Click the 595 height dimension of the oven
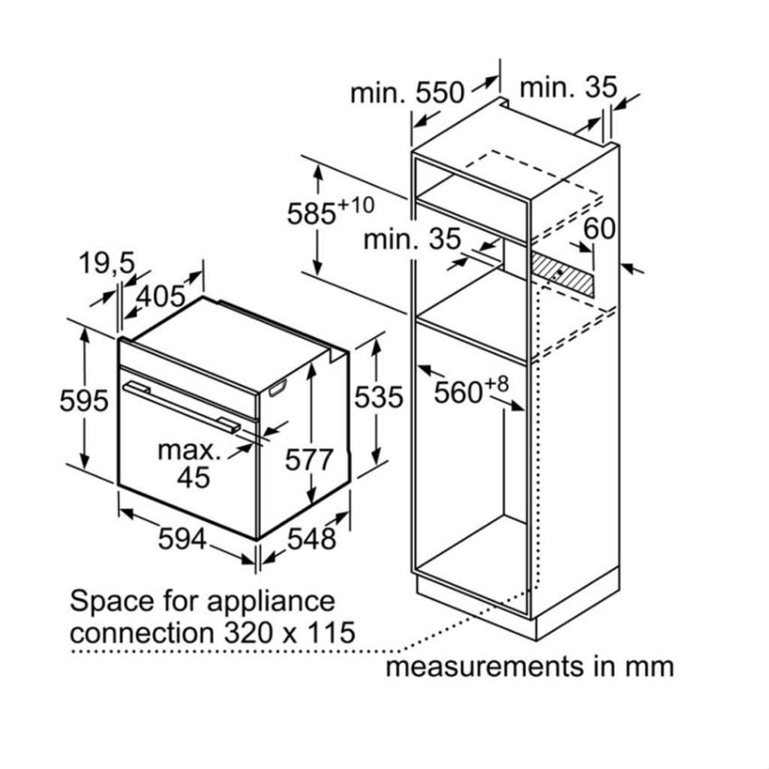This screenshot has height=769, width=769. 83,401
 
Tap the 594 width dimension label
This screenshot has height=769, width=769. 182,537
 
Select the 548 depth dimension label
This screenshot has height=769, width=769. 311,537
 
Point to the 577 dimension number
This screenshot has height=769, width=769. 308,459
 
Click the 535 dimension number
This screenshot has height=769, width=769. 378,397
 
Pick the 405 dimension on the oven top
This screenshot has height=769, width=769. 160,296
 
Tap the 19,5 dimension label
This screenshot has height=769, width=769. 106,263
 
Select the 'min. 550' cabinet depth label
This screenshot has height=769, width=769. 407,92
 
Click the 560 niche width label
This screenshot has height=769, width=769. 461,392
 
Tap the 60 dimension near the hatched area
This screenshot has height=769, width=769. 599,228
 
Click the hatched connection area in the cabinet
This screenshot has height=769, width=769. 563,274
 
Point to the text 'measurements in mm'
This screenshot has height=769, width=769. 529,665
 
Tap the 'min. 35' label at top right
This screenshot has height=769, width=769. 568,87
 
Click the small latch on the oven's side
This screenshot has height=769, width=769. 277,387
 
